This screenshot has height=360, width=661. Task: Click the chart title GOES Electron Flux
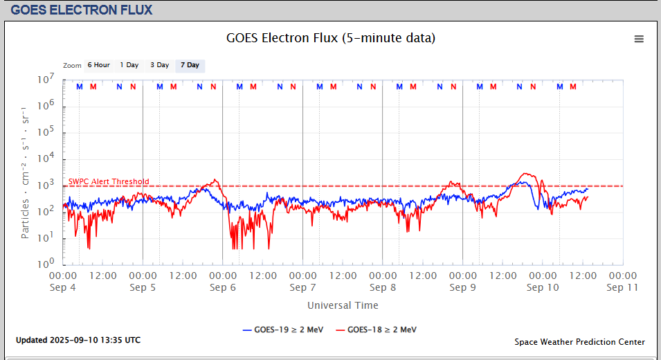tap(331, 38)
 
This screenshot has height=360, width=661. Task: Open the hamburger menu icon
tap(639, 39)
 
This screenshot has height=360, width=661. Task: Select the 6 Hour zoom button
tap(98, 65)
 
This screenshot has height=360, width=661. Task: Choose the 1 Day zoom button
tap(129, 65)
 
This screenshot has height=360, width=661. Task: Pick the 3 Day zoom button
tap(159, 65)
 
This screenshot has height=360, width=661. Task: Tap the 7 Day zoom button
tap(190, 65)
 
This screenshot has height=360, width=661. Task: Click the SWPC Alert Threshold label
tap(109, 182)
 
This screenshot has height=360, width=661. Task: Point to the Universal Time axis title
tap(343, 305)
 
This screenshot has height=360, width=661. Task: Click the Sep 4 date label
tap(63, 287)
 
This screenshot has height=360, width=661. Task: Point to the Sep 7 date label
tap(302, 287)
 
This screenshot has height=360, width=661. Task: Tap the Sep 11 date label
tap(623, 287)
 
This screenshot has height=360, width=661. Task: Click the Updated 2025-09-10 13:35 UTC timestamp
tap(78, 340)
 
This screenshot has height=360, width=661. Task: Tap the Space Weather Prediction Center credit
tap(579, 342)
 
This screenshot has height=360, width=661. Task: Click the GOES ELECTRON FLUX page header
tap(82, 10)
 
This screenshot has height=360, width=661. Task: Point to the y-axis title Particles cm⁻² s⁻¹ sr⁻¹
tap(26, 172)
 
